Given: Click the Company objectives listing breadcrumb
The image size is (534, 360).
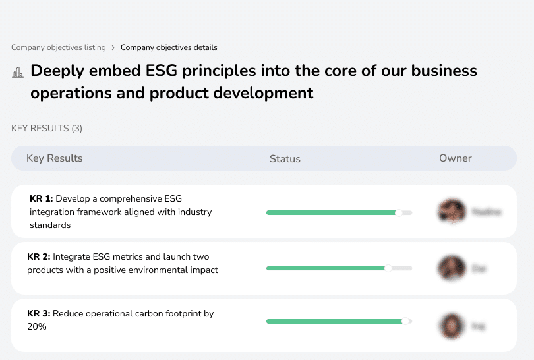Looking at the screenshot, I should pyautogui.click(x=58, y=47).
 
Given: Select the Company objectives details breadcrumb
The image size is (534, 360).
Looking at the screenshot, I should pyautogui.click(x=169, y=47).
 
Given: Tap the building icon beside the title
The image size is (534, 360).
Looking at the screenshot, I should pyautogui.click(x=18, y=73).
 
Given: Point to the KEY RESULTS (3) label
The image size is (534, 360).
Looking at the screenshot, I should pyautogui.click(x=47, y=128).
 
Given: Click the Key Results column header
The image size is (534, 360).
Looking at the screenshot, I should pyautogui.click(x=55, y=158).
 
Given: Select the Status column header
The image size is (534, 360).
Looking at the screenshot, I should pyautogui.click(x=285, y=159).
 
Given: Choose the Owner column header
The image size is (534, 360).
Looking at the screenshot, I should pyautogui.click(x=456, y=158).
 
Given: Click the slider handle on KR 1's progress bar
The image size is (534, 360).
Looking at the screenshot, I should pyautogui.click(x=398, y=212).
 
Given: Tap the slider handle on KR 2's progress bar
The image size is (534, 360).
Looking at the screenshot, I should pyautogui.click(x=388, y=268).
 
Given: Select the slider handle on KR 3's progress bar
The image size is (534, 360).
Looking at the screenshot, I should pyautogui.click(x=405, y=321).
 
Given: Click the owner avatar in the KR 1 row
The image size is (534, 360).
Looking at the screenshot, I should pyautogui.click(x=452, y=212).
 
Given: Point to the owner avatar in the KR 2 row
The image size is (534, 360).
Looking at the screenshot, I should pyautogui.click(x=452, y=268).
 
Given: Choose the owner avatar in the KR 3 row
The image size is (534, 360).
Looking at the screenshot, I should pyautogui.click(x=452, y=326).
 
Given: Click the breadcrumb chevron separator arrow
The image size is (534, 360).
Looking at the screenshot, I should pyautogui.click(x=113, y=47).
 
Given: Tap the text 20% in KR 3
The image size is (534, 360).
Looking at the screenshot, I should pyautogui.click(x=37, y=326).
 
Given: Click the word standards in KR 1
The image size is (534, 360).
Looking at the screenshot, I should pyautogui.click(x=50, y=225).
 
